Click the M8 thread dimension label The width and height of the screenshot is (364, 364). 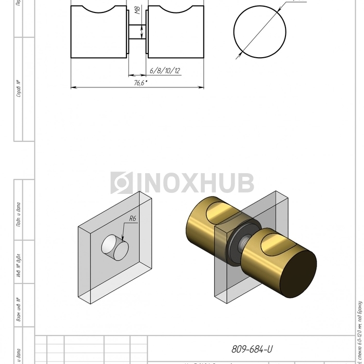point(137,12)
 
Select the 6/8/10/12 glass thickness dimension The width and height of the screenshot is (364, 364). point(165,70)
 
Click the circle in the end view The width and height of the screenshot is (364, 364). point(259,31)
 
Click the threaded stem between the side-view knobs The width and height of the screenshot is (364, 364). point(137,31)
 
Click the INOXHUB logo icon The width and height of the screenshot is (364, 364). point(122,183)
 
